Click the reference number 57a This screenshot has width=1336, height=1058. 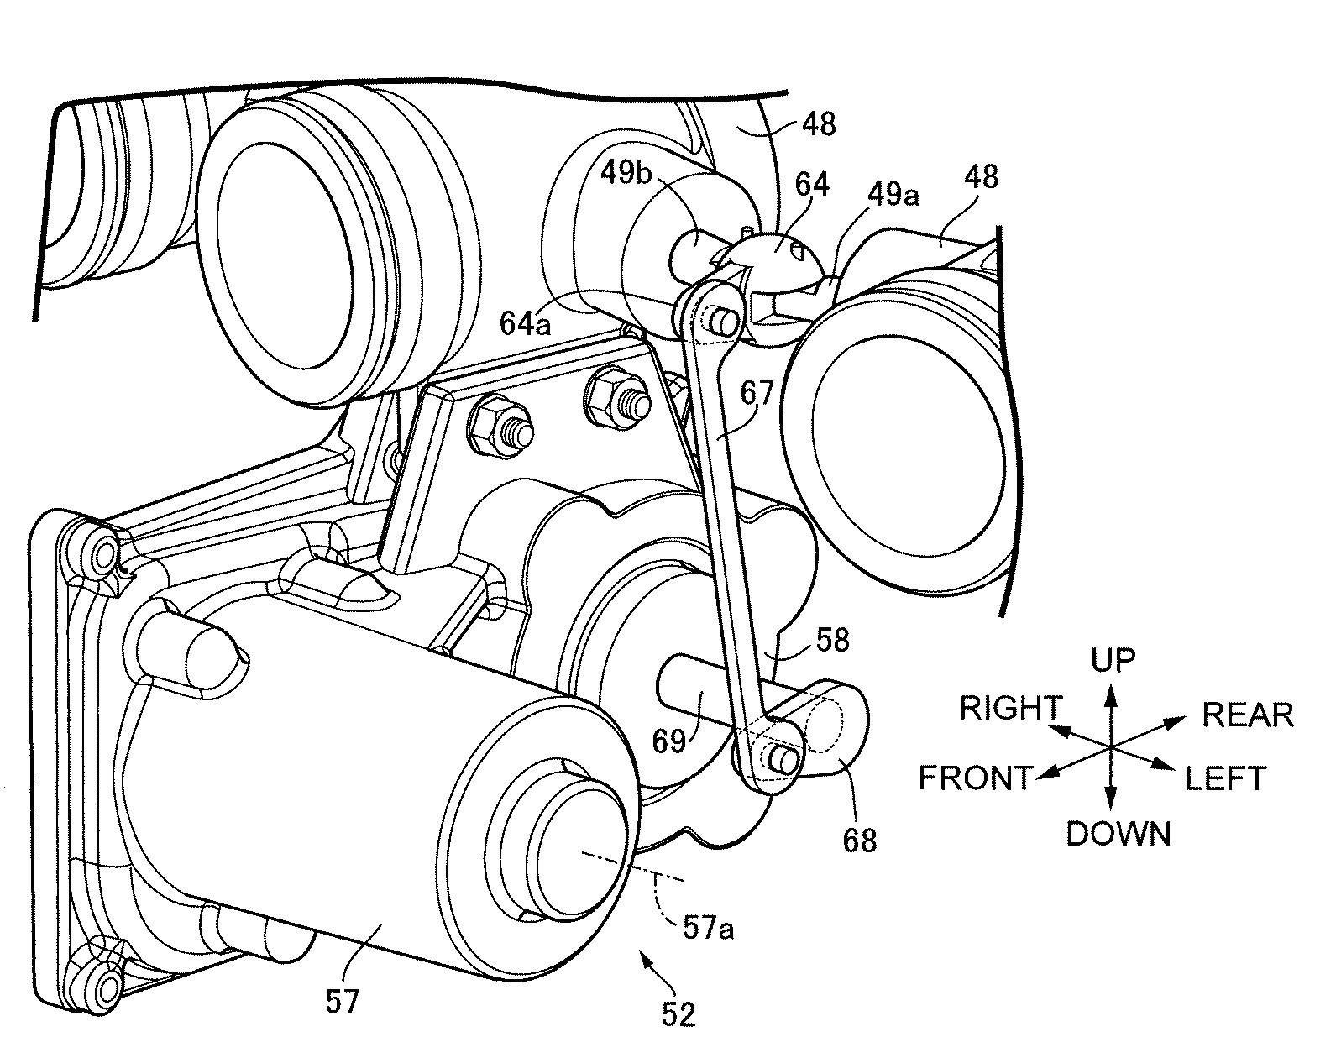pos(709,929)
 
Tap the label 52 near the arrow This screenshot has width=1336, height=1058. pos(678,1014)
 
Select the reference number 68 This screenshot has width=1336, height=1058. pos(860,839)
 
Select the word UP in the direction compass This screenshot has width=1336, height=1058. pos(1113,660)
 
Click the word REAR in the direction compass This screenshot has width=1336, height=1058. pos(1247,715)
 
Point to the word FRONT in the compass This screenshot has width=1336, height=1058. pos(974,778)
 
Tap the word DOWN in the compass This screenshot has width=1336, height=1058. pos(1118,834)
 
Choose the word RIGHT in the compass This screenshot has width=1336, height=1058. pos(1011,709)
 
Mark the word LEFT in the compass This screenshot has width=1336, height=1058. pos(1224,779)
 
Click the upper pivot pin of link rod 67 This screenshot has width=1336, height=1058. pos(722,320)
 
